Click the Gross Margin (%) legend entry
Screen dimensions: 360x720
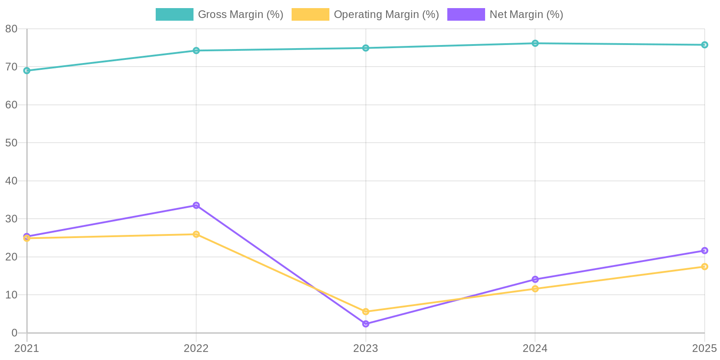click(x=220, y=14)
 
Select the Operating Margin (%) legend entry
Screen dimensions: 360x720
click(x=365, y=14)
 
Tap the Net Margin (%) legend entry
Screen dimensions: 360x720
click(x=505, y=14)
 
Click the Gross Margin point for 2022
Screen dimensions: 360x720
click(x=196, y=50)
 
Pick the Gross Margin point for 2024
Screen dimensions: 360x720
click(x=535, y=43)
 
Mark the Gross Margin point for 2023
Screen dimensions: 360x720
click(x=366, y=48)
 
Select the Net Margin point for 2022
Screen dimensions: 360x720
click(x=196, y=205)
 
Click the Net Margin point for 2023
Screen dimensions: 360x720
click(x=366, y=324)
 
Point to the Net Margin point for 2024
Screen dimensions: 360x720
click(x=535, y=279)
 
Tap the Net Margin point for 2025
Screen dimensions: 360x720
click(x=705, y=251)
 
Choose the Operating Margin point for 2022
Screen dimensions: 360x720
click(x=196, y=234)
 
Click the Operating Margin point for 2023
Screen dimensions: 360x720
click(x=366, y=311)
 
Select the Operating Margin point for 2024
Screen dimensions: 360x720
click(x=535, y=289)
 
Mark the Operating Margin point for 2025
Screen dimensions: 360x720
click(x=705, y=266)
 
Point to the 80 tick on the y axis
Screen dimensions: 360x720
click(x=11, y=29)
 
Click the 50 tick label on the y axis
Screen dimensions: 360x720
click(x=11, y=143)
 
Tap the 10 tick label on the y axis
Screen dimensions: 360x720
click(x=11, y=295)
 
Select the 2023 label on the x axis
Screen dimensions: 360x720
click(x=366, y=348)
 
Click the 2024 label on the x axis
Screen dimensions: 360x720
click(x=535, y=348)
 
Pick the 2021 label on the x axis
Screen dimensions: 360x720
click(x=27, y=348)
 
